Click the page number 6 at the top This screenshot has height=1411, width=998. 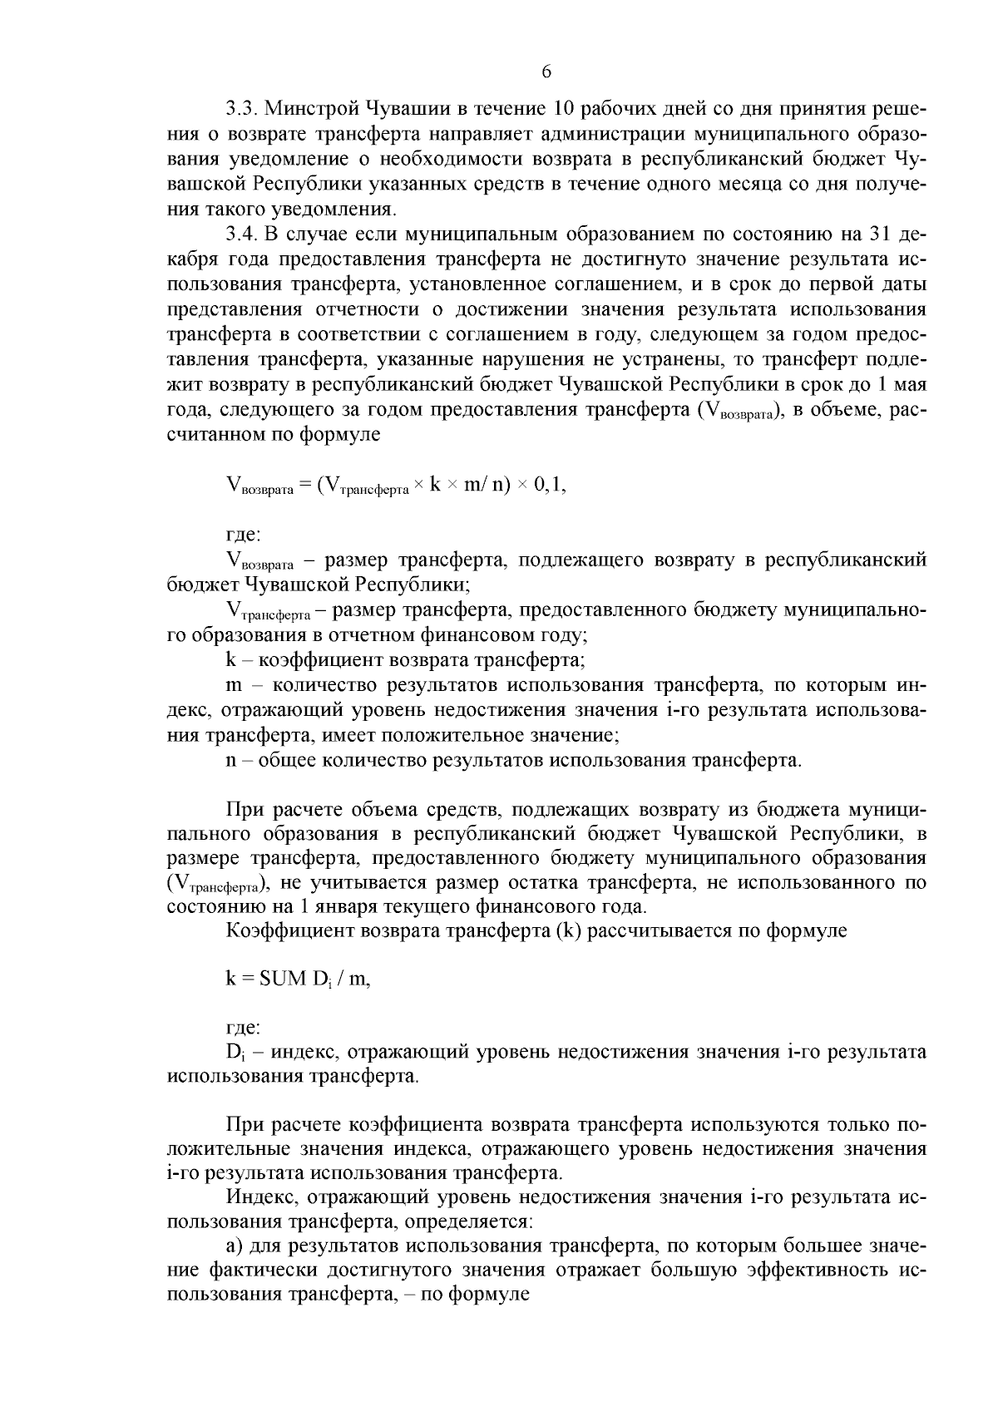coord(546,72)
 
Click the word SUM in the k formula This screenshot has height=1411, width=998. coord(283,979)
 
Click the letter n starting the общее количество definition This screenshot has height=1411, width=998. coord(231,760)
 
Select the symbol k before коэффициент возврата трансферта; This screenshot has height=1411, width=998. coord(230,661)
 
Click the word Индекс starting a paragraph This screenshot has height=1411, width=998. coord(257,1198)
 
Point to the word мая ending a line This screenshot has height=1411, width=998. coord(908,386)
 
